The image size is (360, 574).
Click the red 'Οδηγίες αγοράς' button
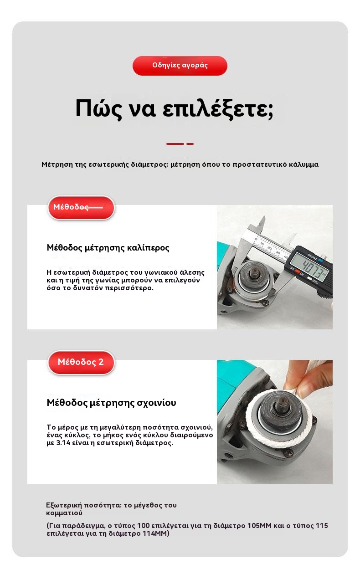180,66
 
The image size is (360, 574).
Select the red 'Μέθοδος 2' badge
81,362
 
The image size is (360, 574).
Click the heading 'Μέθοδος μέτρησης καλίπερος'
108,248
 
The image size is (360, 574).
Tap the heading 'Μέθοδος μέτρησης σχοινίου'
111,403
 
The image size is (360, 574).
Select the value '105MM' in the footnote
259,526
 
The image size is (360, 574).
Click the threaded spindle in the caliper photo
253,277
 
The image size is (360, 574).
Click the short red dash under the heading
190,144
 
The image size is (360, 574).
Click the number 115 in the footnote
322,526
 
